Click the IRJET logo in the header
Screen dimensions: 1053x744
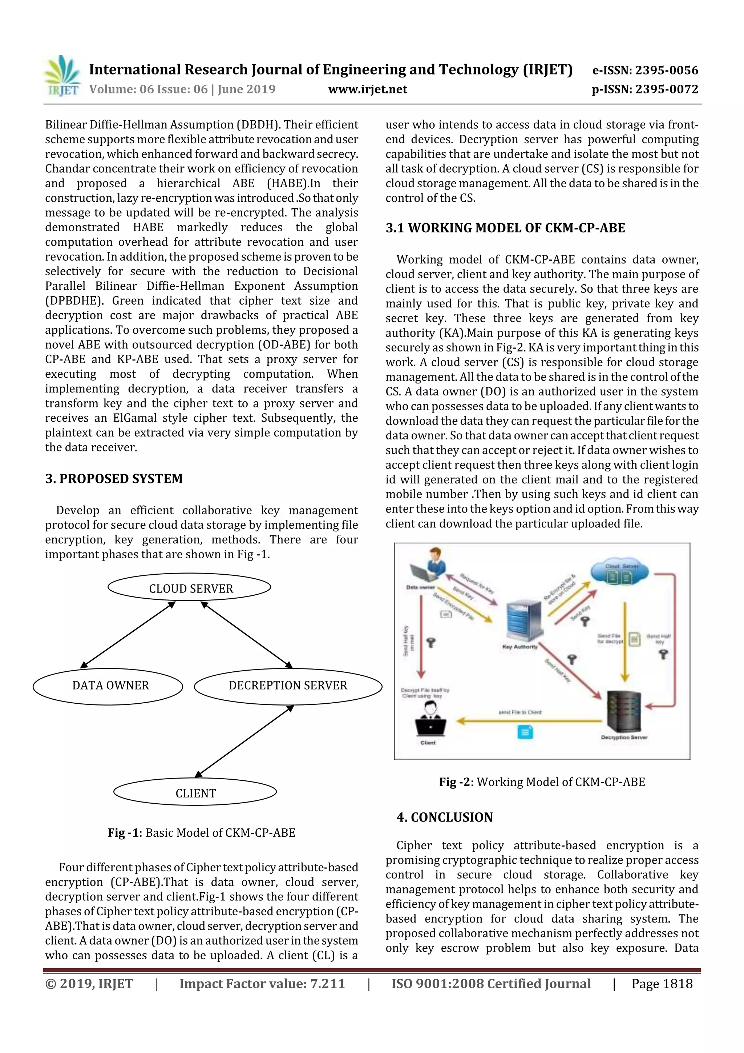[x=62, y=76]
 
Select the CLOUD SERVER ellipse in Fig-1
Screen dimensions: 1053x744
[x=189, y=587]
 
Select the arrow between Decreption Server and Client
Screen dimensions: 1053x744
[x=244, y=741]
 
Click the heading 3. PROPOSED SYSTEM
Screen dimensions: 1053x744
[x=114, y=478]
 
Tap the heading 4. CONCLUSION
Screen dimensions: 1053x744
[x=445, y=817]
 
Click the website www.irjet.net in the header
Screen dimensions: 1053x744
[x=368, y=89]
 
